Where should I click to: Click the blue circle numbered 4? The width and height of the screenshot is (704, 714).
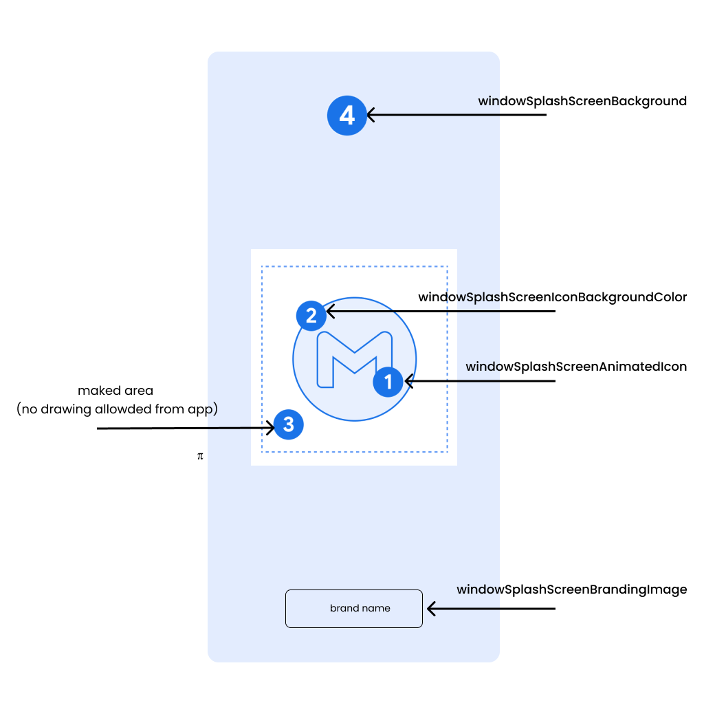[346, 115]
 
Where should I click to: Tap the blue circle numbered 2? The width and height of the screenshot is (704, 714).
[311, 316]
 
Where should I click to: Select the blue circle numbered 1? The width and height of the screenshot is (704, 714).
[388, 382]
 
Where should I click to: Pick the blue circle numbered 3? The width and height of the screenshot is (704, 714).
[289, 424]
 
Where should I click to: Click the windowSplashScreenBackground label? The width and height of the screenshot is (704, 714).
[582, 101]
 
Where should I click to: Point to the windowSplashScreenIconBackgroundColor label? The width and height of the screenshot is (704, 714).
[553, 297]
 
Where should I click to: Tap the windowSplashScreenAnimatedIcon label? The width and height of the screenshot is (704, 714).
[576, 367]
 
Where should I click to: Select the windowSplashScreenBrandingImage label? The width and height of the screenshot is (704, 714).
[571, 589]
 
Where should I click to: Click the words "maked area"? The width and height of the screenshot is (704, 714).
[115, 391]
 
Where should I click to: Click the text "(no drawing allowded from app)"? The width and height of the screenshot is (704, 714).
[117, 409]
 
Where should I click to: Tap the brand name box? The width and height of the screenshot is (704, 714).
[353, 608]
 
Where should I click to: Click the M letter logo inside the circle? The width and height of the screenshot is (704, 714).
[354, 360]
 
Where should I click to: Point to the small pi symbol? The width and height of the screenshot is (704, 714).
[200, 456]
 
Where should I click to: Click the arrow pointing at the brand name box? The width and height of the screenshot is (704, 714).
[491, 608]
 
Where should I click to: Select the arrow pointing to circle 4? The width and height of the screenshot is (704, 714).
[456, 115]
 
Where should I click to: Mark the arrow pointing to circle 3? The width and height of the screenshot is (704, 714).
[186, 428]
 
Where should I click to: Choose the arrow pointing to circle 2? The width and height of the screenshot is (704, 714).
[441, 312]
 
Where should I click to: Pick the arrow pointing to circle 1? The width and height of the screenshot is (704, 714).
[480, 380]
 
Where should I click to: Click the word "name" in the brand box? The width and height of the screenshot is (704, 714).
[377, 608]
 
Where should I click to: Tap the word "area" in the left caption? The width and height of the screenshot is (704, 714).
[139, 391]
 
